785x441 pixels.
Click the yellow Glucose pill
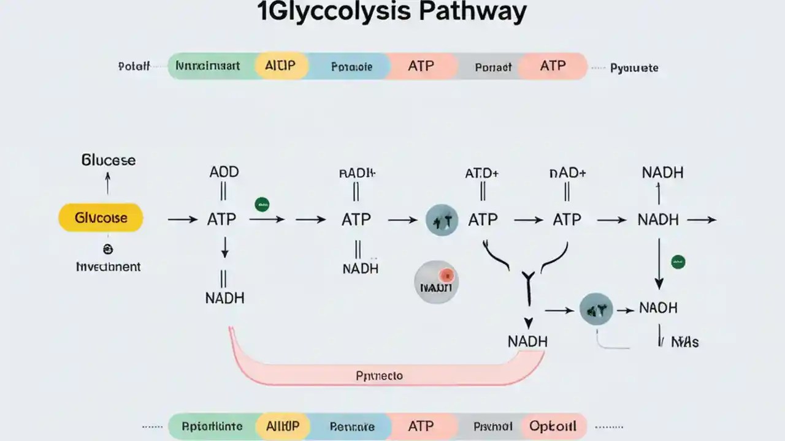101,218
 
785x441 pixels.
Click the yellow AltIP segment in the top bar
281,66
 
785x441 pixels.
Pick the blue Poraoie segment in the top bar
351,67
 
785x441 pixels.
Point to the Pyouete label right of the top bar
634,68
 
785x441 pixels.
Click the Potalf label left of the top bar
134,67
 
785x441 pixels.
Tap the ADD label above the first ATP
224,173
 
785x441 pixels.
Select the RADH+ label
357,173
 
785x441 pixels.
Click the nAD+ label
567,173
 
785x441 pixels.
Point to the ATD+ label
482,173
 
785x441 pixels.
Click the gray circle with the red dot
435,282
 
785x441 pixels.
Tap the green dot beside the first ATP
262,205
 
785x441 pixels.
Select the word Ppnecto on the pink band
379,375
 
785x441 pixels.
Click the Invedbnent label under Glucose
108,267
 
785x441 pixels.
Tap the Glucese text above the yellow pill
109,160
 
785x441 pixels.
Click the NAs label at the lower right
684,342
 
